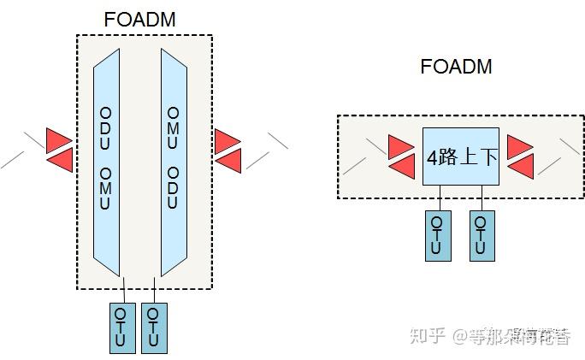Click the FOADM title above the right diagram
pos(456,66)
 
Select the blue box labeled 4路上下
pos(461,156)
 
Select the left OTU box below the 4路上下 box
pos(437,235)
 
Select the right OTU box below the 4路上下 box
pos(482,235)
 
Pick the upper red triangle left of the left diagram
pos(59,139)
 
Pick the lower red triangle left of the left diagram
pos(59,159)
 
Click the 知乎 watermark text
pos(428,335)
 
